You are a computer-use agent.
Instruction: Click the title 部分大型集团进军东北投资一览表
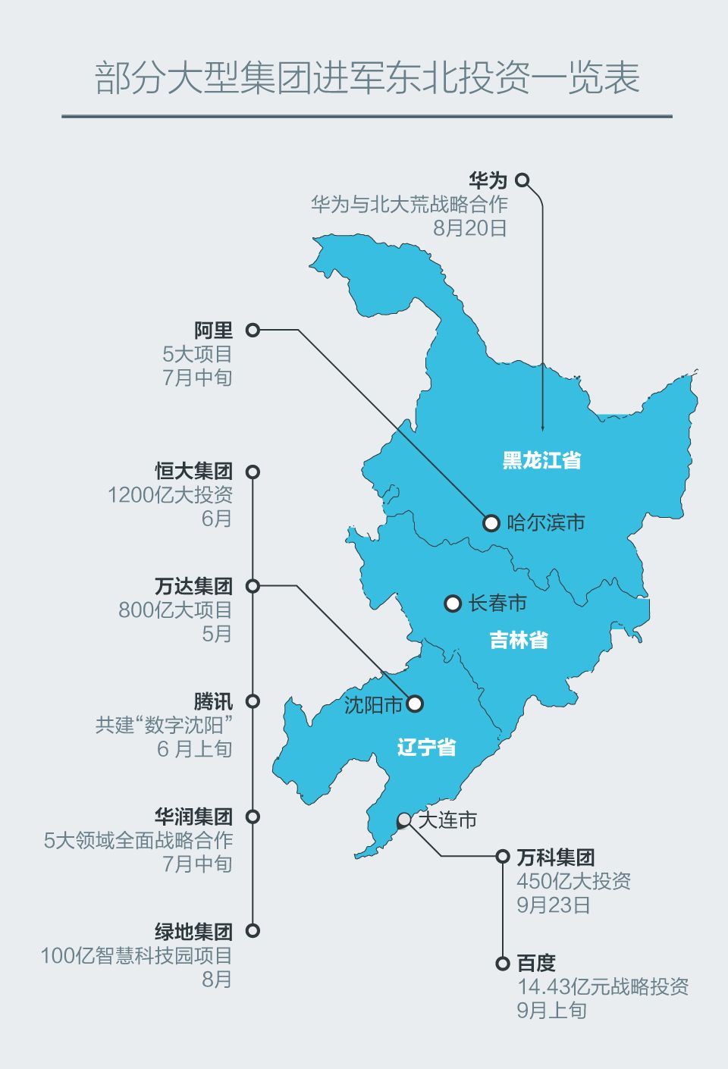[367, 78]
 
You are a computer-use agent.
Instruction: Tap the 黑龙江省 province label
[541, 460]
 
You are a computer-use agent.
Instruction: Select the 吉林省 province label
[519, 640]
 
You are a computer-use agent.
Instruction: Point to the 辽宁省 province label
[426, 748]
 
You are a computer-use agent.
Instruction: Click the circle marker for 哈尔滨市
[491, 523]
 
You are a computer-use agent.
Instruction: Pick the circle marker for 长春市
[453, 603]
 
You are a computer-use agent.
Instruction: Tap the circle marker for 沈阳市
[415, 704]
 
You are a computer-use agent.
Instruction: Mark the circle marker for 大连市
[404, 820]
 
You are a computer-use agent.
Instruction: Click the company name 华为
[488, 180]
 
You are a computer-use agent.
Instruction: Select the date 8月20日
[469, 228]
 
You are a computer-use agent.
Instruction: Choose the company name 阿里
[213, 331]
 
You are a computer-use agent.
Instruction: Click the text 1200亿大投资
[170, 495]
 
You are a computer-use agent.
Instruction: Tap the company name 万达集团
[193, 586]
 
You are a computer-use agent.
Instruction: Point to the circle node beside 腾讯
[253, 701]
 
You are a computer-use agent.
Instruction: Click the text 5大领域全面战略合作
[138, 840]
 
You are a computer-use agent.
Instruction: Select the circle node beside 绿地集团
[253, 931]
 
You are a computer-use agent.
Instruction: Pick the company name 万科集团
[555, 857]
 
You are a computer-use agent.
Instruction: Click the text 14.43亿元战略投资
[603, 986]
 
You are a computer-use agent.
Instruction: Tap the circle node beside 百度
[502, 964]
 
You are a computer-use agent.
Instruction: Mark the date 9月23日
[553, 904]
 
